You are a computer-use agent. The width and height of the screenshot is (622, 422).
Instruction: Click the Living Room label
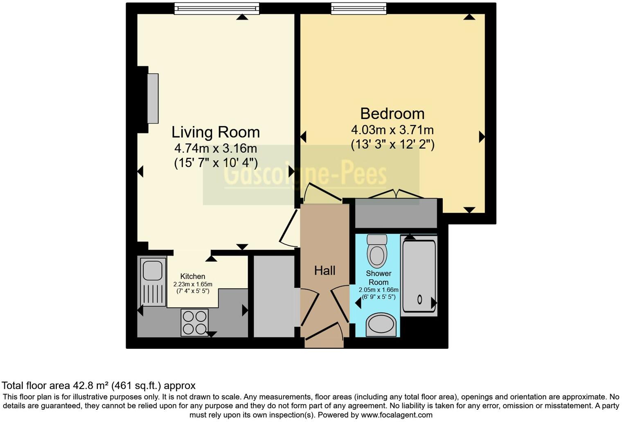[215, 132]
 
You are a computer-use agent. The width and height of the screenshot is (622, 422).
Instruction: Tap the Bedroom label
[392, 113]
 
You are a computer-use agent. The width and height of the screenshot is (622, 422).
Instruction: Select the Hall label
[325, 270]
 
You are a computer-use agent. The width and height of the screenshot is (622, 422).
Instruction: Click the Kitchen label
[192, 276]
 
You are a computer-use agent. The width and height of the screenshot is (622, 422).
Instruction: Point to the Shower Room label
[379, 278]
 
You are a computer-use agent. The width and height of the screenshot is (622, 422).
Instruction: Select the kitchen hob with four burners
[195, 322]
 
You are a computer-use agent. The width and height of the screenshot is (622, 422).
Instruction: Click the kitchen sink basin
[152, 270]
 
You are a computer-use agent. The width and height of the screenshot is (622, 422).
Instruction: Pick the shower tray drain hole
[419, 299]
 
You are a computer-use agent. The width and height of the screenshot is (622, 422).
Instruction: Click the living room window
[217, 9]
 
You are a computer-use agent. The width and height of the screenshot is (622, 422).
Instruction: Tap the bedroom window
[358, 9]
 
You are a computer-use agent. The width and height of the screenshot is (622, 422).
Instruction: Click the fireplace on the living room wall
[152, 99]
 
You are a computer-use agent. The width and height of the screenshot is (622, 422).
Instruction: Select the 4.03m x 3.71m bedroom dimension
[392, 130]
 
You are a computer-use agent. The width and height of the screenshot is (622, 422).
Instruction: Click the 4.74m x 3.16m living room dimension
[215, 148]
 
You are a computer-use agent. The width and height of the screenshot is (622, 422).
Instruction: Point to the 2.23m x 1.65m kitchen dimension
[192, 284]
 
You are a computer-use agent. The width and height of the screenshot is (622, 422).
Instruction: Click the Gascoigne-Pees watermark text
[305, 175]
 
